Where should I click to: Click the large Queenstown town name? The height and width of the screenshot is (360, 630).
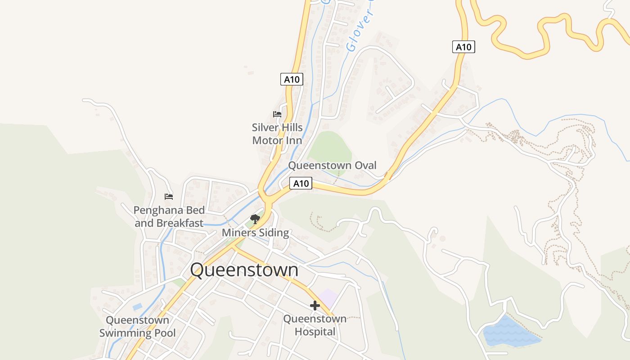point(244,270)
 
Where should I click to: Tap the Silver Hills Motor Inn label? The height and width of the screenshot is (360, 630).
point(277,134)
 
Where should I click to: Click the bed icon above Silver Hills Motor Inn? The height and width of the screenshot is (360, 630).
point(277,114)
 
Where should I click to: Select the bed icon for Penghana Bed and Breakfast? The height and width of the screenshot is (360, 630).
point(169,197)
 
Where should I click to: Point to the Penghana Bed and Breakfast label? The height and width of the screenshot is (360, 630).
point(169,216)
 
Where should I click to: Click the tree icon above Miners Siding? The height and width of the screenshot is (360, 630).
point(255,219)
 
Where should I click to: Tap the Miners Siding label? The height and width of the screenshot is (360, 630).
point(255,233)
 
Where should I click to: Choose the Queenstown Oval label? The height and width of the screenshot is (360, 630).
point(332,165)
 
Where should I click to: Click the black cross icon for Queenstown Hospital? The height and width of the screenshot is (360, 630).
point(315,306)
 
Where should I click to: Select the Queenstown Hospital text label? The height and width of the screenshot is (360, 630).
point(315,325)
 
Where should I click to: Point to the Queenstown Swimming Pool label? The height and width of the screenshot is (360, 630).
point(137,327)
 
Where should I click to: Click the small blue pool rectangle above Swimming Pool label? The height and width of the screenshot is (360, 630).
point(138,307)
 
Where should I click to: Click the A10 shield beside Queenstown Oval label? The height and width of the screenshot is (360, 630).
point(301,183)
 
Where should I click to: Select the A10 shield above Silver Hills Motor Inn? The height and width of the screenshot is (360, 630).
point(292,80)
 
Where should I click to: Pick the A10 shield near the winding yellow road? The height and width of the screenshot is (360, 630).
point(463,47)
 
